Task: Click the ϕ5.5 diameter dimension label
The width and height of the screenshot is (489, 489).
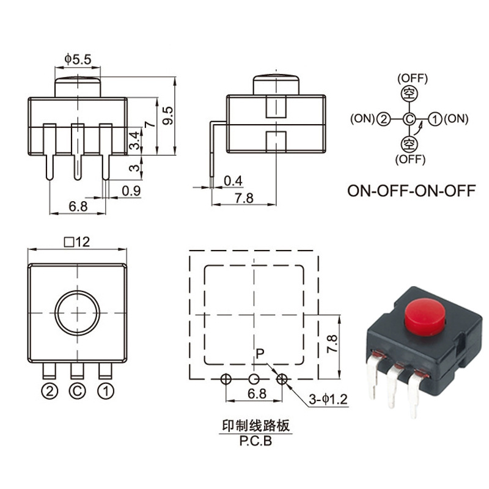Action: tap(78, 59)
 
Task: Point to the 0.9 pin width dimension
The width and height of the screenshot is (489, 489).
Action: tap(128, 191)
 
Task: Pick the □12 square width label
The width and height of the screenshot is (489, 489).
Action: tap(77, 242)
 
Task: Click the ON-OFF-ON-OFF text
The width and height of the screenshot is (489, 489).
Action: tap(411, 190)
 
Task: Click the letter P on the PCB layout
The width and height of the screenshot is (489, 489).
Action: tap(260, 353)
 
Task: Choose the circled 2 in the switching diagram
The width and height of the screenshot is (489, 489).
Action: tap(383, 119)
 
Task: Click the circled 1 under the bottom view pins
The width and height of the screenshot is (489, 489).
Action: tap(106, 388)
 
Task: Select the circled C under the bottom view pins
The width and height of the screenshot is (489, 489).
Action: tap(77, 388)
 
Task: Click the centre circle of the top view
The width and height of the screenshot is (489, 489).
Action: tap(78, 314)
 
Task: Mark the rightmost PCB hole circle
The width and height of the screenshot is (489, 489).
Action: tap(282, 379)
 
